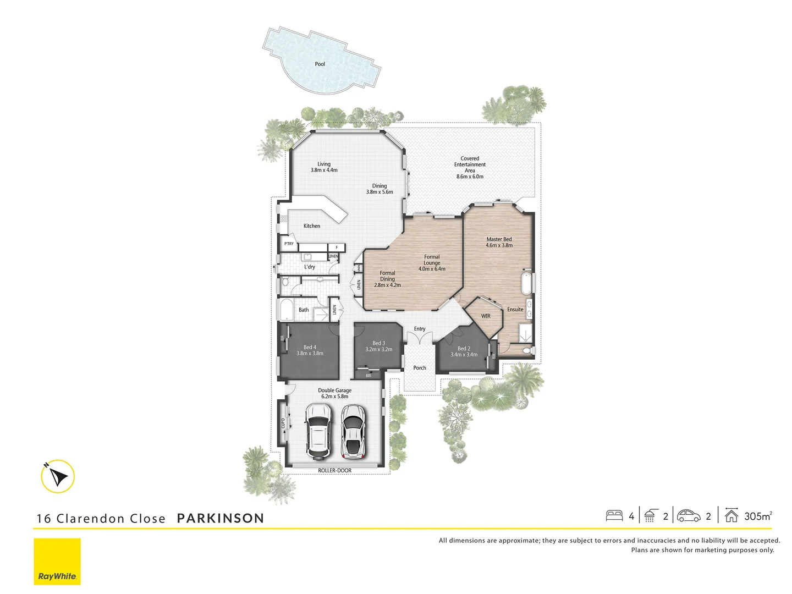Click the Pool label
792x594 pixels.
[320, 64]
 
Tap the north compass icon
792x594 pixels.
[58, 476]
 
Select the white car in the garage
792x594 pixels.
[318, 431]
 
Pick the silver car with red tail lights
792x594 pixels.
[353, 432]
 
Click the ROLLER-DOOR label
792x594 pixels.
[334, 471]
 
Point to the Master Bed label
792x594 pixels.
[499, 239]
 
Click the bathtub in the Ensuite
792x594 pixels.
[526, 284]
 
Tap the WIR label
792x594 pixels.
[486, 316]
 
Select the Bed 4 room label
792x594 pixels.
[310, 348]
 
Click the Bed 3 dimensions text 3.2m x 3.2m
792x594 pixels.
[379, 350]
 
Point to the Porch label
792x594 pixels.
[420, 368]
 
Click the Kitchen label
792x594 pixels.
[312, 226]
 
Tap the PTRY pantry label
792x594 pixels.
[289, 244]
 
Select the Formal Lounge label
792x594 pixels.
[432, 260]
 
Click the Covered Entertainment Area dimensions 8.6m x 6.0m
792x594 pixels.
[470, 177]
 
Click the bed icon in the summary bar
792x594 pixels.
[614, 516]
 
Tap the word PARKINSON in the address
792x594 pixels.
[221, 519]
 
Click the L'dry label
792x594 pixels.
[310, 267]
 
